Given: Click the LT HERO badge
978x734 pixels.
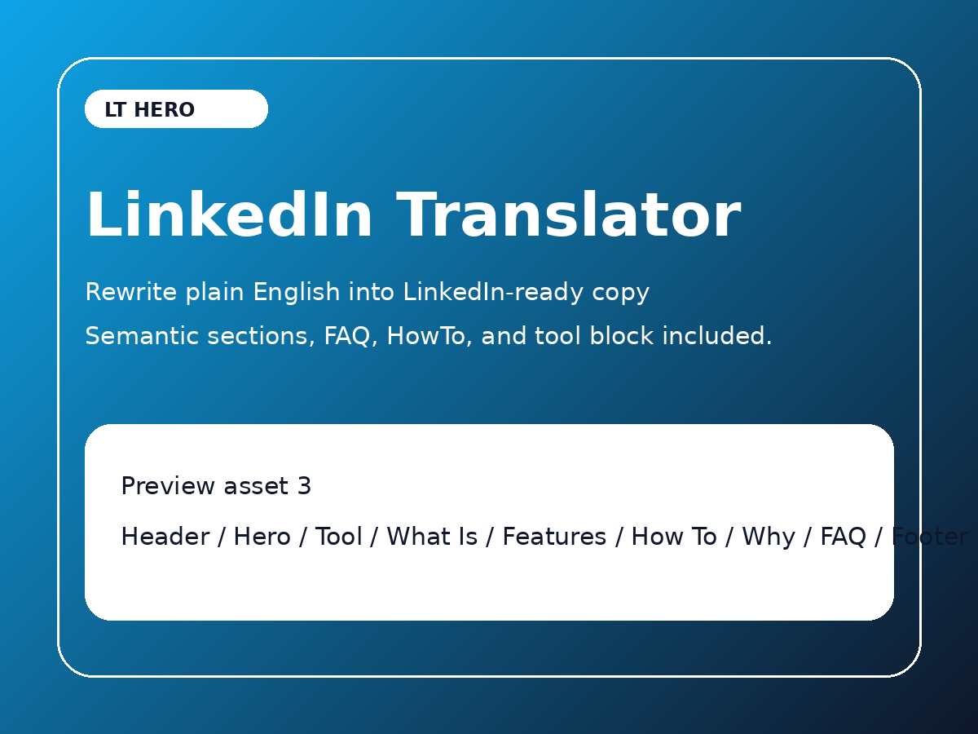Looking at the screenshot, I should click(x=176, y=109).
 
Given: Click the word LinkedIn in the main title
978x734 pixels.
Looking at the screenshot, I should click(x=229, y=217).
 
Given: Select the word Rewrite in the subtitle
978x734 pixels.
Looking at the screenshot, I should click(x=131, y=292).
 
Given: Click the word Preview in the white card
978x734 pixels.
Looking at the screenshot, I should click(x=168, y=487).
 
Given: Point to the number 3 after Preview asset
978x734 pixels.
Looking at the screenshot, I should click(x=304, y=487).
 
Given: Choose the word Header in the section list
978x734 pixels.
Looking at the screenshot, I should click(x=165, y=537).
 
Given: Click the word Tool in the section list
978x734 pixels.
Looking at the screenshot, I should click(x=338, y=537).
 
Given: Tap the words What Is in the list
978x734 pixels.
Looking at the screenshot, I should click(x=432, y=537).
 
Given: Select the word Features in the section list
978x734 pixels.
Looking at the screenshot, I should click(x=554, y=537).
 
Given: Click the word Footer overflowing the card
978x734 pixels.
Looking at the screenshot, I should click(x=930, y=537).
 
